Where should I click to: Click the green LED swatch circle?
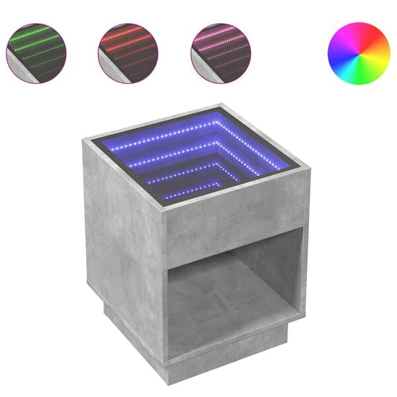click(x=36, y=53)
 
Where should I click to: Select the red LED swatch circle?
click(x=128, y=53)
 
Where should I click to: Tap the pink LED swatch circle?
click(x=220, y=53)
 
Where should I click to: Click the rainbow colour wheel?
click(x=359, y=53)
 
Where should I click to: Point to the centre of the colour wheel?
click(x=359, y=53)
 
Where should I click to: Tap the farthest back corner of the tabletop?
click(x=220, y=106)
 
